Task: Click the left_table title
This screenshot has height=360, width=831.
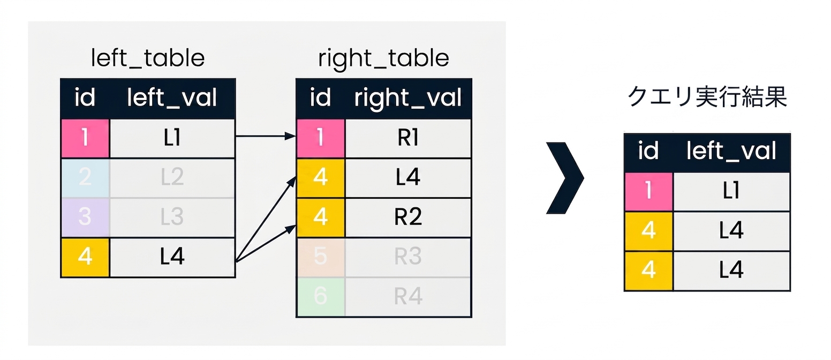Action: [148, 58]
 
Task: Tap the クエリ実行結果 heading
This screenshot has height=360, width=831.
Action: [707, 97]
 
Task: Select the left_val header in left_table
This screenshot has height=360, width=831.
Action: [172, 99]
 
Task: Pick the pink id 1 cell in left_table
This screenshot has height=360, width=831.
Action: [85, 138]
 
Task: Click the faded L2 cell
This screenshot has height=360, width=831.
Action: [172, 177]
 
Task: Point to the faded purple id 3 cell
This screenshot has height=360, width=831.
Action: [85, 217]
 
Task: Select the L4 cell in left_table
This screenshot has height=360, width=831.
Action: [172, 257]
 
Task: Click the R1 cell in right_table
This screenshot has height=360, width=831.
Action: [408, 138]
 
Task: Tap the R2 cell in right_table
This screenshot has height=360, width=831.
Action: [408, 217]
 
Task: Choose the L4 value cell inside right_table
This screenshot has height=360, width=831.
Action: [408, 177]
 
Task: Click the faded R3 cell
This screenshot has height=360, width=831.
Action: [408, 257]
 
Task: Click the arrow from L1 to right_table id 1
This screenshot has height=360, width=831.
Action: [266, 136]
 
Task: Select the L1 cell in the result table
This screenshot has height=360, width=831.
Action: [731, 191]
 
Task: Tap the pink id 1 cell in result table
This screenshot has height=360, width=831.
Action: [648, 191]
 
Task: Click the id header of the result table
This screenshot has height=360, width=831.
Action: [648, 152]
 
